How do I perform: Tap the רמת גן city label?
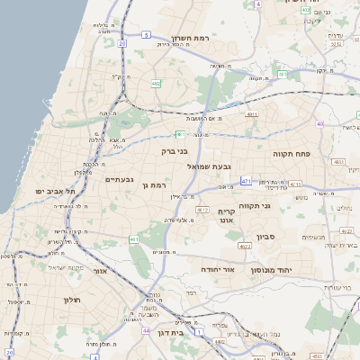(x=156, y=184)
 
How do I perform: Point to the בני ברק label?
(x=173, y=151)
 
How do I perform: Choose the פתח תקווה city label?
(x=292, y=154)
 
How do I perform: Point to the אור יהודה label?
(x=215, y=268)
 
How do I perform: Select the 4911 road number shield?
(x=250, y=114)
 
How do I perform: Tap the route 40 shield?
(x=319, y=123)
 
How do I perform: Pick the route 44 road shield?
(x=146, y=330)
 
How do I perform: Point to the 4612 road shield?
(x=204, y=209)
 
